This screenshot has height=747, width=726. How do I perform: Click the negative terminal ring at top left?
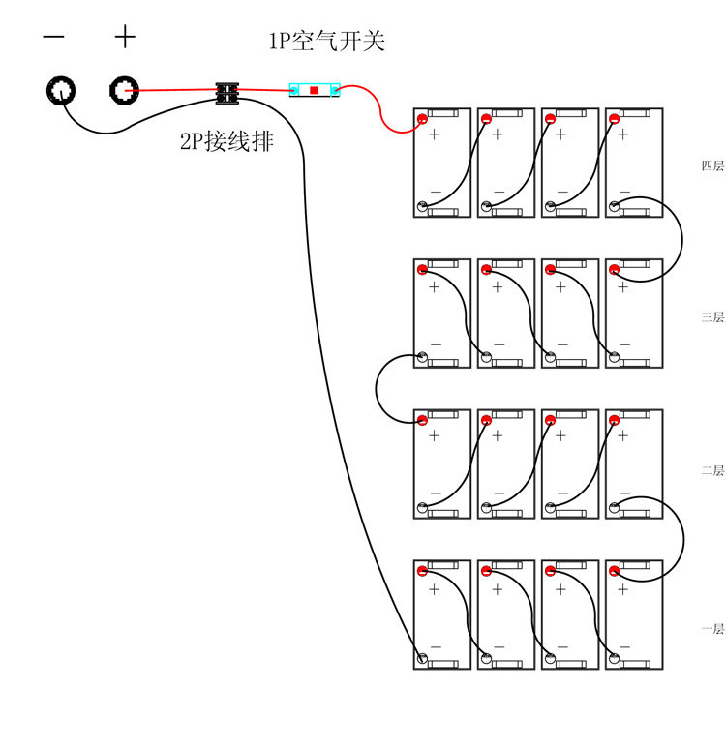pyautogui.click(x=60, y=91)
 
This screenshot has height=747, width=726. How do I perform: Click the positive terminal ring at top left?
pyautogui.click(x=122, y=91)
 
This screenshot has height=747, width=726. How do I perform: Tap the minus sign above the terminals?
pyautogui.click(x=54, y=38)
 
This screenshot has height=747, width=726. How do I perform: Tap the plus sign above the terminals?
pyautogui.click(x=125, y=38)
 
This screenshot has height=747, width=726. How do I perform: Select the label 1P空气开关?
pyautogui.click(x=326, y=42)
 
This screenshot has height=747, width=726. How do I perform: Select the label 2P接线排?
pyautogui.click(x=227, y=142)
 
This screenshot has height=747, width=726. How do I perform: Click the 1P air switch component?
pyautogui.click(x=315, y=90)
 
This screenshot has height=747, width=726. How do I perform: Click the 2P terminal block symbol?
pyautogui.click(x=227, y=93)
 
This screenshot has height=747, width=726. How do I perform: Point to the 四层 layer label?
pyautogui.click(x=712, y=166)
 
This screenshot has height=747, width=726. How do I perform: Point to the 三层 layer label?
pyautogui.click(x=712, y=317)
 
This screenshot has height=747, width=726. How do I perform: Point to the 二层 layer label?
pyautogui.click(x=712, y=471)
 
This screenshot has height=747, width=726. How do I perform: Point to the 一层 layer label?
pyautogui.click(x=712, y=630)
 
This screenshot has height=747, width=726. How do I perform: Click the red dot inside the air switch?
pyautogui.click(x=315, y=90)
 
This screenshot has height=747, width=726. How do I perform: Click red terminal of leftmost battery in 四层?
pyautogui.click(x=422, y=119)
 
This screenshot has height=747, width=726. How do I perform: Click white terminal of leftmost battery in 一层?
pyautogui.click(x=422, y=659)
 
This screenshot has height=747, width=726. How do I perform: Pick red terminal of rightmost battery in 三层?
pyautogui.click(x=614, y=270)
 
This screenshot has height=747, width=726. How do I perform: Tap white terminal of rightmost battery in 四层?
pyautogui.click(x=614, y=206)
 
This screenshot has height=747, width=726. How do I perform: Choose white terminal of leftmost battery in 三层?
pyautogui.click(x=422, y=357)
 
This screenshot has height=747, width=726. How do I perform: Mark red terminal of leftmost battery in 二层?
pyautogui.click(x=422, y=421)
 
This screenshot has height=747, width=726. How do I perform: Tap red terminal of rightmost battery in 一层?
pyautogui.click(x=614, y=571)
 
